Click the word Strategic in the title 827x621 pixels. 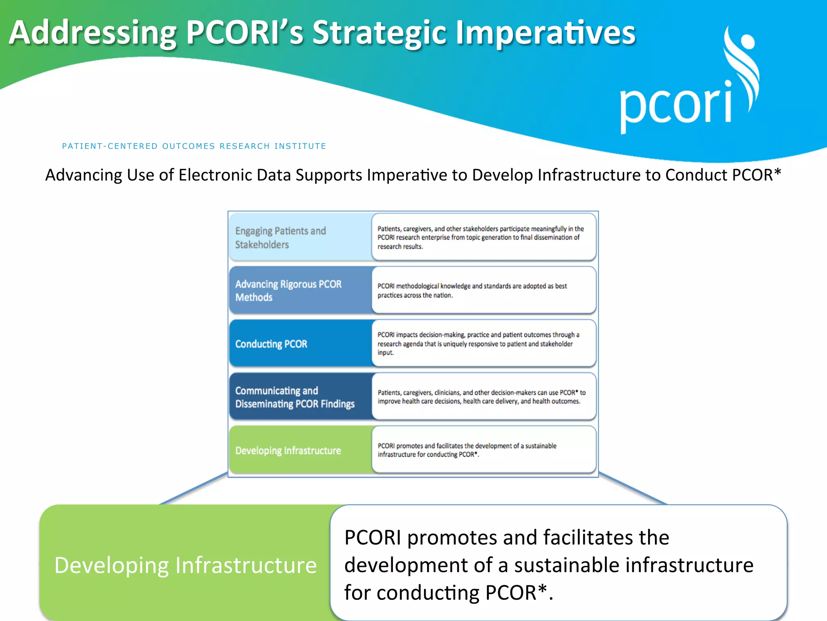pos(379,33)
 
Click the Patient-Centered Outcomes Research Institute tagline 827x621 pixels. pos(194,146)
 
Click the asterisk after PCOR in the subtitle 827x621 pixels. pos(777,173)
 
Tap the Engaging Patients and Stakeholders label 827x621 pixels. pos(280,237)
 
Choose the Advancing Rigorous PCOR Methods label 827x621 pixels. pos(288,290)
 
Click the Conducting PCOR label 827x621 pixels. pos(271,344)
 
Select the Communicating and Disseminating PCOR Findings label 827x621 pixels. pos(294,397)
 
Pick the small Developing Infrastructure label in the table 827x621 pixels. pos(288,450)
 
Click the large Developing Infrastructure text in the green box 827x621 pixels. pos(185,565)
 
